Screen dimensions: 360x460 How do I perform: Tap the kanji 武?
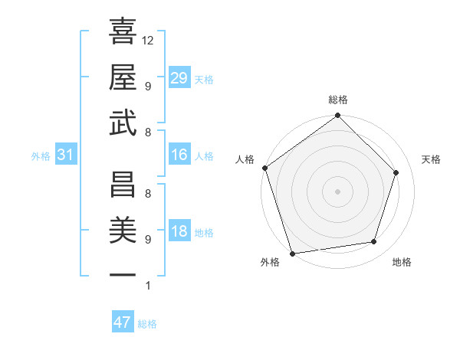(123, 122)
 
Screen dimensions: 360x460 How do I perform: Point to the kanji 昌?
(123, 182)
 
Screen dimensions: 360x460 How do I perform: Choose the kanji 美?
(123, 228)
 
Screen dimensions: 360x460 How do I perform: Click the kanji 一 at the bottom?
(123, 274)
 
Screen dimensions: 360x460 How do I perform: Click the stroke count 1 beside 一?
(147, 286)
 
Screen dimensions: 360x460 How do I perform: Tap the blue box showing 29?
(179, 77)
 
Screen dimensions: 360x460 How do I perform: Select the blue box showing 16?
(179, 155)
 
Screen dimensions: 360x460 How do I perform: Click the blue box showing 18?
(179, 232)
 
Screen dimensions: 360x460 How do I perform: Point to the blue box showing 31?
(66, 155)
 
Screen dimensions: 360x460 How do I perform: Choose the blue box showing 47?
(123, 322)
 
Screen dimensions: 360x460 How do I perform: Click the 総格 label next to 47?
(147, 324)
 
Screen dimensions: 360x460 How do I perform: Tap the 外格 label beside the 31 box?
(41, 156)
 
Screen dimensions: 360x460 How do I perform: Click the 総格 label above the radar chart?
(337, 100)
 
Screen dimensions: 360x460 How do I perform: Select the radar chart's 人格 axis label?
(245, 160)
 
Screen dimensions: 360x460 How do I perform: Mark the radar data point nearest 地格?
(374, 242)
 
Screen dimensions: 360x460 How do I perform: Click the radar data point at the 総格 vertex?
(337, 116)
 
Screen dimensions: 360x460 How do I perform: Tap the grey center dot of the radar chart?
(337, 191)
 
